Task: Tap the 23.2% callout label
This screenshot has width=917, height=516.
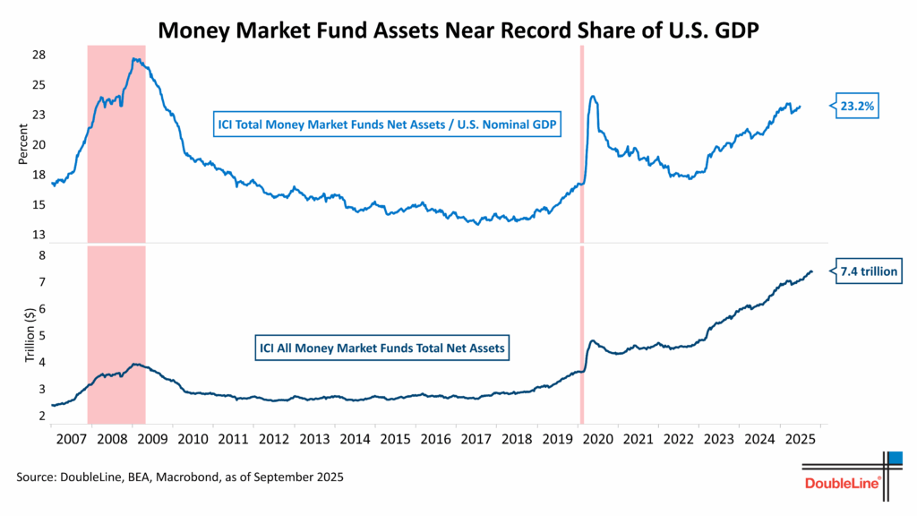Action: pos(859,106)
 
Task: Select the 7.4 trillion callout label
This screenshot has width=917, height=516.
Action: pos(868,271)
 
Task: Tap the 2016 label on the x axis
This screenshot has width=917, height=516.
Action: pos(435,439)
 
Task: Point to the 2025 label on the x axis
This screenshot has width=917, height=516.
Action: pos(799,439)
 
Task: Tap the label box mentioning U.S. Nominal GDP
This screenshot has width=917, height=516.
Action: pos(386,125)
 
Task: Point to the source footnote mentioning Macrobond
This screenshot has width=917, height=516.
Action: pos(180,477)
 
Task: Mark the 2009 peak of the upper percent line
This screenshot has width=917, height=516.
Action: pos(133,59)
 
